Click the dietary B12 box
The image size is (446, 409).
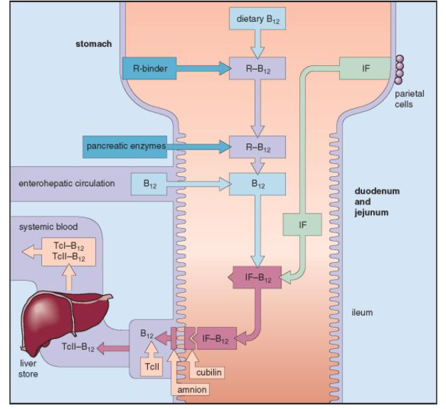(x=257, y=19)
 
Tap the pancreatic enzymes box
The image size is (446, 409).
(x=125, y=145)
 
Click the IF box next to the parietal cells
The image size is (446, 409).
(x=366, y=67)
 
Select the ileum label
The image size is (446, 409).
(x=363, y=312)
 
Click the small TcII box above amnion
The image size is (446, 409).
(x=149, y=366)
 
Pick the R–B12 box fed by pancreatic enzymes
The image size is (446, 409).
(x=257, y=145)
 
